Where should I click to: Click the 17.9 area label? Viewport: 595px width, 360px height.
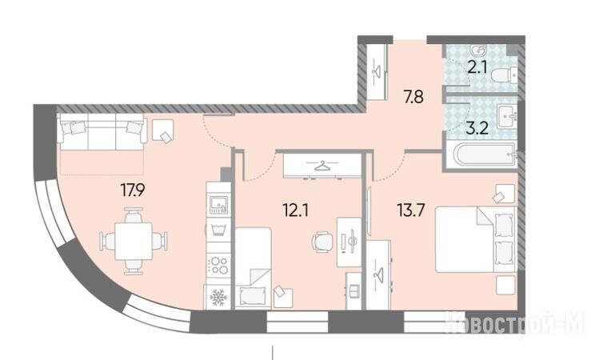point(133,190)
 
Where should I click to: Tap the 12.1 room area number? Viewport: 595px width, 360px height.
point(296,210)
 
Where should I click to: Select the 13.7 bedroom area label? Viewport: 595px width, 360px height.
point(410,210)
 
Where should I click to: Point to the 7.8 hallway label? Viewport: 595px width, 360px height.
point(413,98)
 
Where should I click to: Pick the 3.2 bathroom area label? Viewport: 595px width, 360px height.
point(477,129)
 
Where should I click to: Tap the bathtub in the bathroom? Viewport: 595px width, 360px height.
point(481,154)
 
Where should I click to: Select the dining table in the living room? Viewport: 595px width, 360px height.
point(134,241)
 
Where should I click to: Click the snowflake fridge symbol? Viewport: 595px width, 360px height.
point(218,297)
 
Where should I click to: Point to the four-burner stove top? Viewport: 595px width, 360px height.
point(218,265)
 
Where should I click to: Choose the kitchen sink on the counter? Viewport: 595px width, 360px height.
point(218,202)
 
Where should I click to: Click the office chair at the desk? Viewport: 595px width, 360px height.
point(322,241)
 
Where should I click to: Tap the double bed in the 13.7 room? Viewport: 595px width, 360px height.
point(475,239)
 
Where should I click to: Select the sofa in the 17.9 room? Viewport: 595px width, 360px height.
point(102,131)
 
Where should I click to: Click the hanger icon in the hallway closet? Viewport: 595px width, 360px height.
point(377,71)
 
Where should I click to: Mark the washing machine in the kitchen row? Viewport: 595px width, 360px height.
point(218,230)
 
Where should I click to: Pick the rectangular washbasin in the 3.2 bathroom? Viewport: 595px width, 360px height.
point(506,116)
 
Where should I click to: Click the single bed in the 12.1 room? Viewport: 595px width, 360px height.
point(253,268)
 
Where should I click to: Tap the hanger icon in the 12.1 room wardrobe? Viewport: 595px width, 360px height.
point(322,166)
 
